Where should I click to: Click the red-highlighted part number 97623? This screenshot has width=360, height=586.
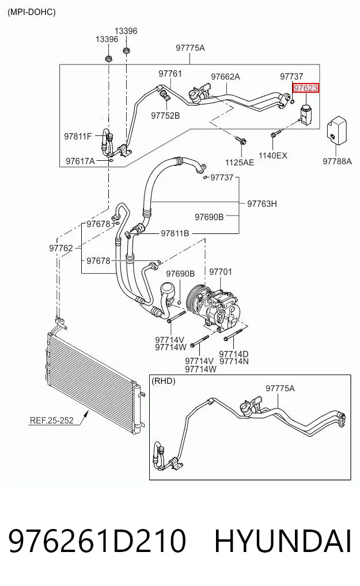point(306,88)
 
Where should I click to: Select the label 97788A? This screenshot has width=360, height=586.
point(337,161)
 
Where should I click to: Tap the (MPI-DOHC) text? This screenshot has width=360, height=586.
point(32,12)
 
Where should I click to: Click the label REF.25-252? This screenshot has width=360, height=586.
point(51,420)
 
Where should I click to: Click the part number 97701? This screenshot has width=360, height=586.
point(221,272)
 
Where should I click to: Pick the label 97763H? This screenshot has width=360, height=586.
point(262,203)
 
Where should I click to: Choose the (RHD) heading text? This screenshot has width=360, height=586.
point(164,381)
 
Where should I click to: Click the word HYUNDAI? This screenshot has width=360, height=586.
point(283,541)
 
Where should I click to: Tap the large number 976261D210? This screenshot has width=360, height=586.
point(97,541)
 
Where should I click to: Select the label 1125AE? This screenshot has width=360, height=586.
point(240,162)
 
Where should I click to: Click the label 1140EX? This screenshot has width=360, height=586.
point(273,156)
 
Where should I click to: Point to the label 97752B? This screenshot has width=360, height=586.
point(165,115)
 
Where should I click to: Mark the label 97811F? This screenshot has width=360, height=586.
point(78,137)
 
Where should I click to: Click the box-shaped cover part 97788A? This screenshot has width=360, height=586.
point(337,130)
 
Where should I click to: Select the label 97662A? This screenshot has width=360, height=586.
point(226,77)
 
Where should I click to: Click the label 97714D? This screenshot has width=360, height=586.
point(234,354)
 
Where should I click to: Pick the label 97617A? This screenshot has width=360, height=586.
point(80,161)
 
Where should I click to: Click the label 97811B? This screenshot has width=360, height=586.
point(175,233)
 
